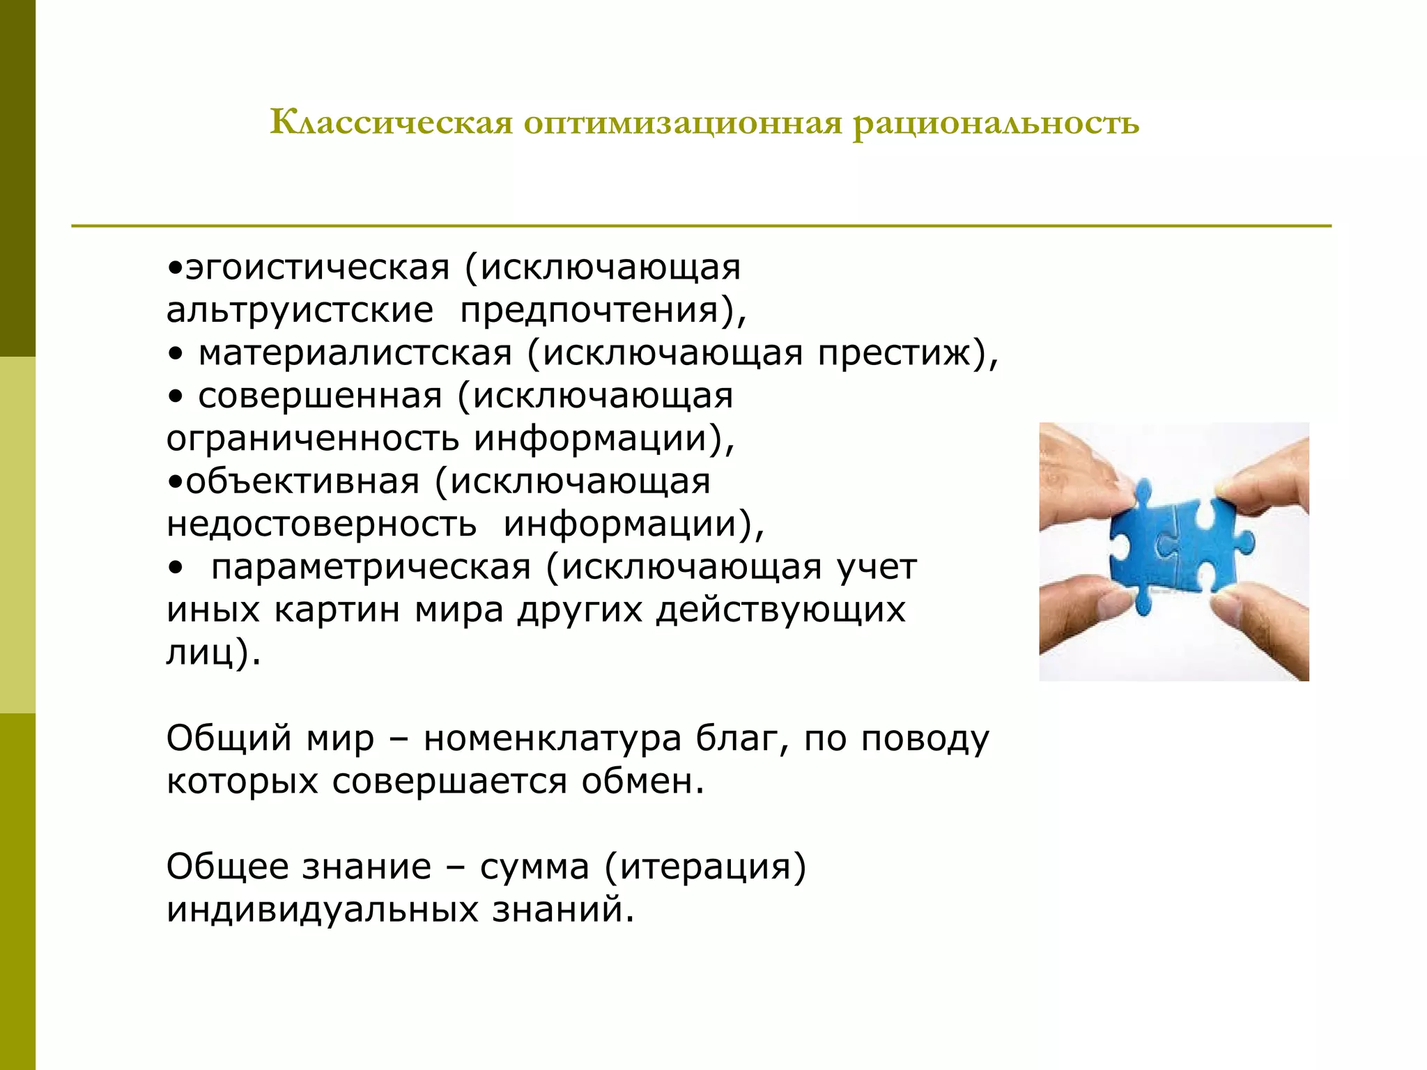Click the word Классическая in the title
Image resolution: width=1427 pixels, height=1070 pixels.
(x=391, y=123)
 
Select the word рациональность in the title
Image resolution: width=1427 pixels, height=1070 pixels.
(x=996, y=123)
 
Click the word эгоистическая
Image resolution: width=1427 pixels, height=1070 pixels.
(x=318, y=268)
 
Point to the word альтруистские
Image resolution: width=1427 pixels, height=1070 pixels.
(x=300, y=311)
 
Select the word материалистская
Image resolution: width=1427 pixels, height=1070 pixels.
(x=355, y=353)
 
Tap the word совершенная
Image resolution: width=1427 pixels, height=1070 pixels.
(x=320, y=396)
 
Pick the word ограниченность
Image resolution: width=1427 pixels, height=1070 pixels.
(x=313, y=439)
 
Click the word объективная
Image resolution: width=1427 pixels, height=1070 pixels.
(x=302, y=482)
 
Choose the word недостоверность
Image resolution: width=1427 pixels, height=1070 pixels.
(x=321, y=525)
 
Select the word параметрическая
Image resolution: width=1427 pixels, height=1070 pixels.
(x=371, y=568)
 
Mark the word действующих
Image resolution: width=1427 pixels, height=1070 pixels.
(x=780, y=610)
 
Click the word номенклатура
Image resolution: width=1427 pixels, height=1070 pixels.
(x=552, y=738)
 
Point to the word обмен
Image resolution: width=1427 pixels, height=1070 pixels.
(x=642, y=782)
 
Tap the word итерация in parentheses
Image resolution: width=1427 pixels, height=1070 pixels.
(x=705, y=867)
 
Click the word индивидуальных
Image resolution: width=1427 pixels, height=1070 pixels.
(x=322, y=910)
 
